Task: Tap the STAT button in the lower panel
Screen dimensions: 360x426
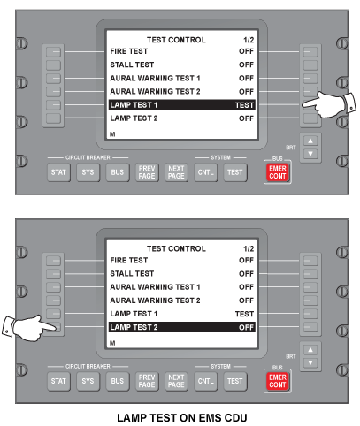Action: coord(58,381)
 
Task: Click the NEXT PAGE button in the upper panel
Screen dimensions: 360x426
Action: coord(176,172)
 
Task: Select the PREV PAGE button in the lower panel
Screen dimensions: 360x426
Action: coord(147,381)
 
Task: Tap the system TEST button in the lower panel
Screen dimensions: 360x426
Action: coord(235,381)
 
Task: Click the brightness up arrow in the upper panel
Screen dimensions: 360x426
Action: coord(310,141)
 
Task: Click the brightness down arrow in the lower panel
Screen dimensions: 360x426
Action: coord(310,362)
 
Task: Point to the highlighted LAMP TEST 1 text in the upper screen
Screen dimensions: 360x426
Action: coord(134,105)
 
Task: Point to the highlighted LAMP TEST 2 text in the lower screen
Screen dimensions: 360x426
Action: coord(134,327)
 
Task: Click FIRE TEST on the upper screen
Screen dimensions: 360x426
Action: coord(129,51)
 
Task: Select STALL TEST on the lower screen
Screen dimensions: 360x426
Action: coord(132,273)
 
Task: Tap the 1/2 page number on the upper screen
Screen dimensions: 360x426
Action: coord(249,40)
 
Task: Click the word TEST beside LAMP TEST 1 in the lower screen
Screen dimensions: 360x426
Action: coord(244,314)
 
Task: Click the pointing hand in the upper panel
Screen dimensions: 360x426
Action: coord(329,104)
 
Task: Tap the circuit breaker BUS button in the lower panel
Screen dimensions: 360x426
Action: coord(118,381)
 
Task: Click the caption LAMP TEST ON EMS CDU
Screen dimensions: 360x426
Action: coord(182,418)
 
